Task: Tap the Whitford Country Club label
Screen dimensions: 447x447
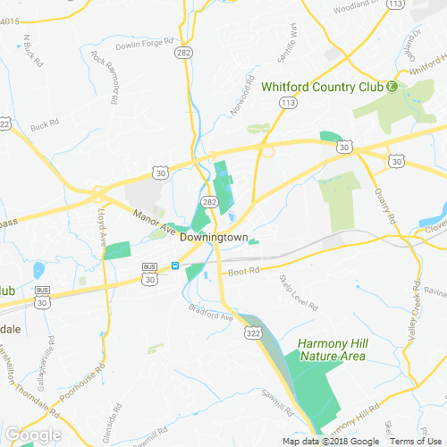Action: pyautogui.click(x=322, y=87)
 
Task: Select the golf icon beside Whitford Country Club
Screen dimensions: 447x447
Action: pyautogui.click(x=392, y=87)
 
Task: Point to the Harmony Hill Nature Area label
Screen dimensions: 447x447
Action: pyautogui.click(x=333, y=350)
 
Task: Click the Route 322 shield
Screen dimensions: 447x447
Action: pyautogui.click(x=253, y=332)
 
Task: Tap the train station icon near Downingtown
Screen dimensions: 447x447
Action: pyautogui.click(x=176, y=266)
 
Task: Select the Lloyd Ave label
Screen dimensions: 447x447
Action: pyautogui.click(x=100, y=228)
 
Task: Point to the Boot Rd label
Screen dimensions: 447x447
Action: pyautogui.click(x=243, y=270)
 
